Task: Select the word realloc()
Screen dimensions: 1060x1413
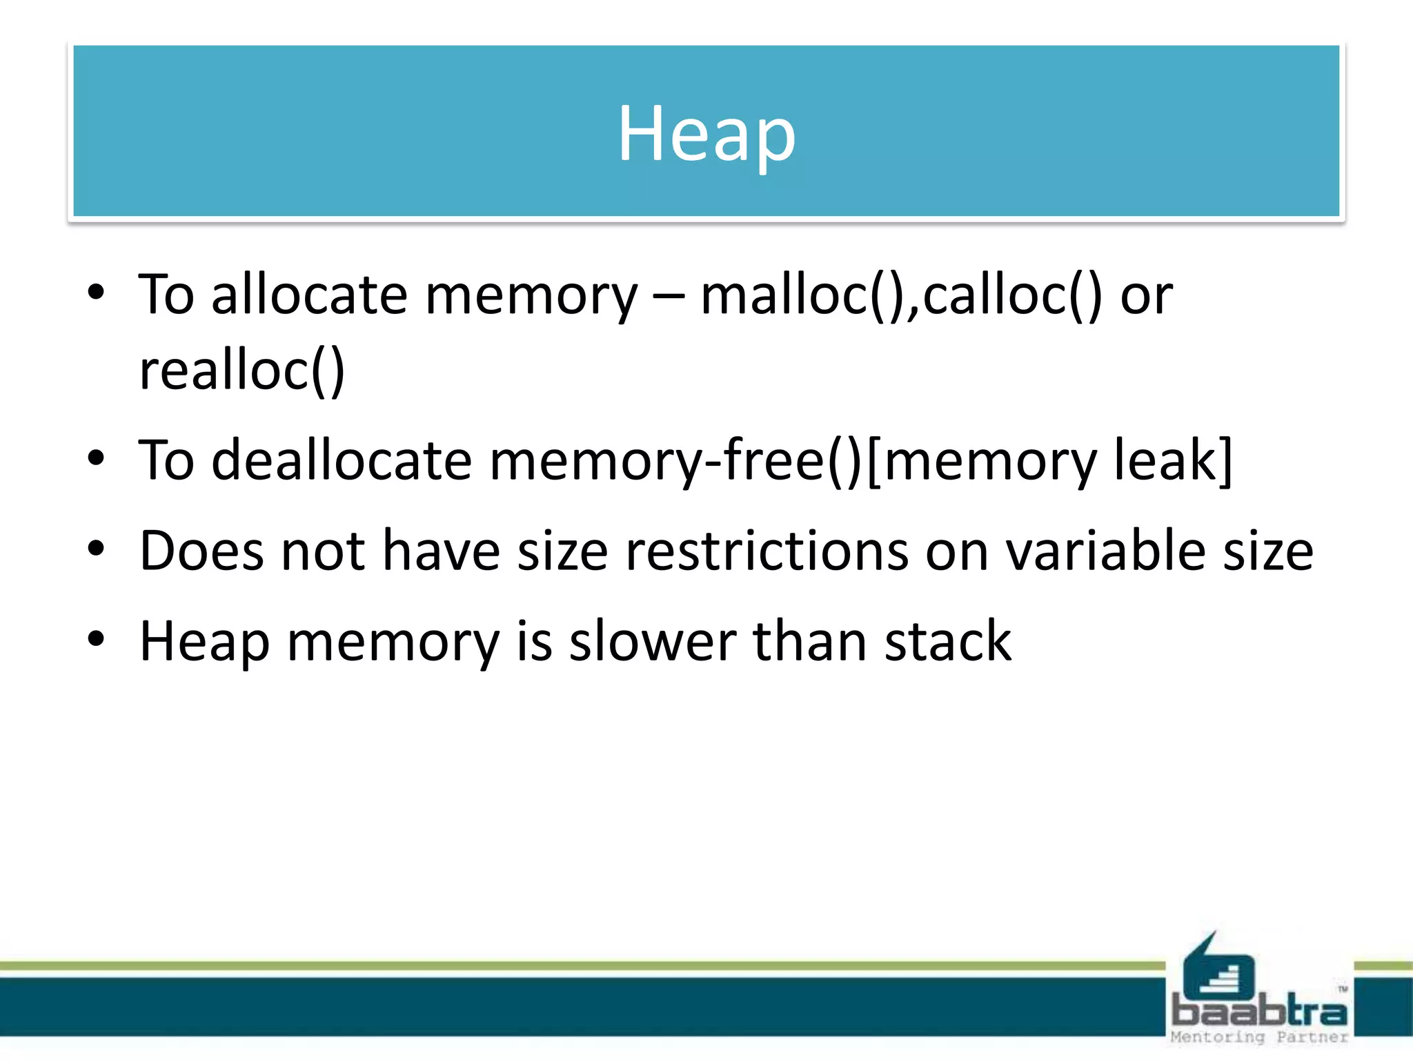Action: click(x=241, y=371)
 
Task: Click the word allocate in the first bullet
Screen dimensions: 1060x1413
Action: click(x=309, y=295)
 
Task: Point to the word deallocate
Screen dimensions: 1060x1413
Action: click(x=342, y=460)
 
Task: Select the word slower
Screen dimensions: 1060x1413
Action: click(x=653, y=641)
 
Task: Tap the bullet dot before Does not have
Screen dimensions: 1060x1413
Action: click(x=96, y=549)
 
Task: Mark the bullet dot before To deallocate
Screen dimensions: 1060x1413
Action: click(x=96, y=458)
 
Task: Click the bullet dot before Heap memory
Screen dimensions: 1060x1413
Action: click(x=96, y=638)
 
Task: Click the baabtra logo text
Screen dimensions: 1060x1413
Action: click(x=1259, y=1012)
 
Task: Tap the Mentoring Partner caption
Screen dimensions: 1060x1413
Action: click(x=1259, y=1037)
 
